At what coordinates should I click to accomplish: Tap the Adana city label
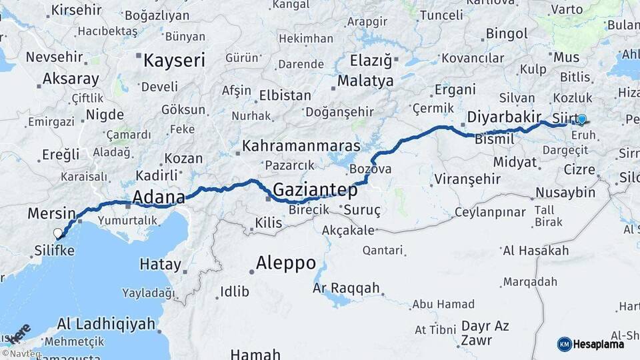click(159, 197)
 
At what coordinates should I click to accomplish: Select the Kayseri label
click(174, 61)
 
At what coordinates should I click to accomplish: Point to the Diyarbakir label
click(504, 117)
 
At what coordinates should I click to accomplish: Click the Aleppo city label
click(286, 263)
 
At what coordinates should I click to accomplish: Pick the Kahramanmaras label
click(301, 145)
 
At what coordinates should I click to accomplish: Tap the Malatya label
click(365, 81)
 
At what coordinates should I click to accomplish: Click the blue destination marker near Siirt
click(581, 119)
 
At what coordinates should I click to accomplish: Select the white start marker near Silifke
click(58, 233)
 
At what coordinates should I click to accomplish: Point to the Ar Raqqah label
click(346, 289)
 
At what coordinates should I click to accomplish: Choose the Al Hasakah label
click(537, 251)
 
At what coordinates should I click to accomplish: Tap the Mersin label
click(51, 214)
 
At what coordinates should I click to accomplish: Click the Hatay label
click(160, 264)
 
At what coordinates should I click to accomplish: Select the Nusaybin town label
click(565, 193)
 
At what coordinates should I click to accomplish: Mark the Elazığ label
click(371, 61)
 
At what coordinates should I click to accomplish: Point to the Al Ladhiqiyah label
click(106, 324)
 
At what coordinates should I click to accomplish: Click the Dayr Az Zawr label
click(484, 332)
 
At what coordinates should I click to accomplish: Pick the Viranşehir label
click(467, 179)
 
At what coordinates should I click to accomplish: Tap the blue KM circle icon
click(565, 344)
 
